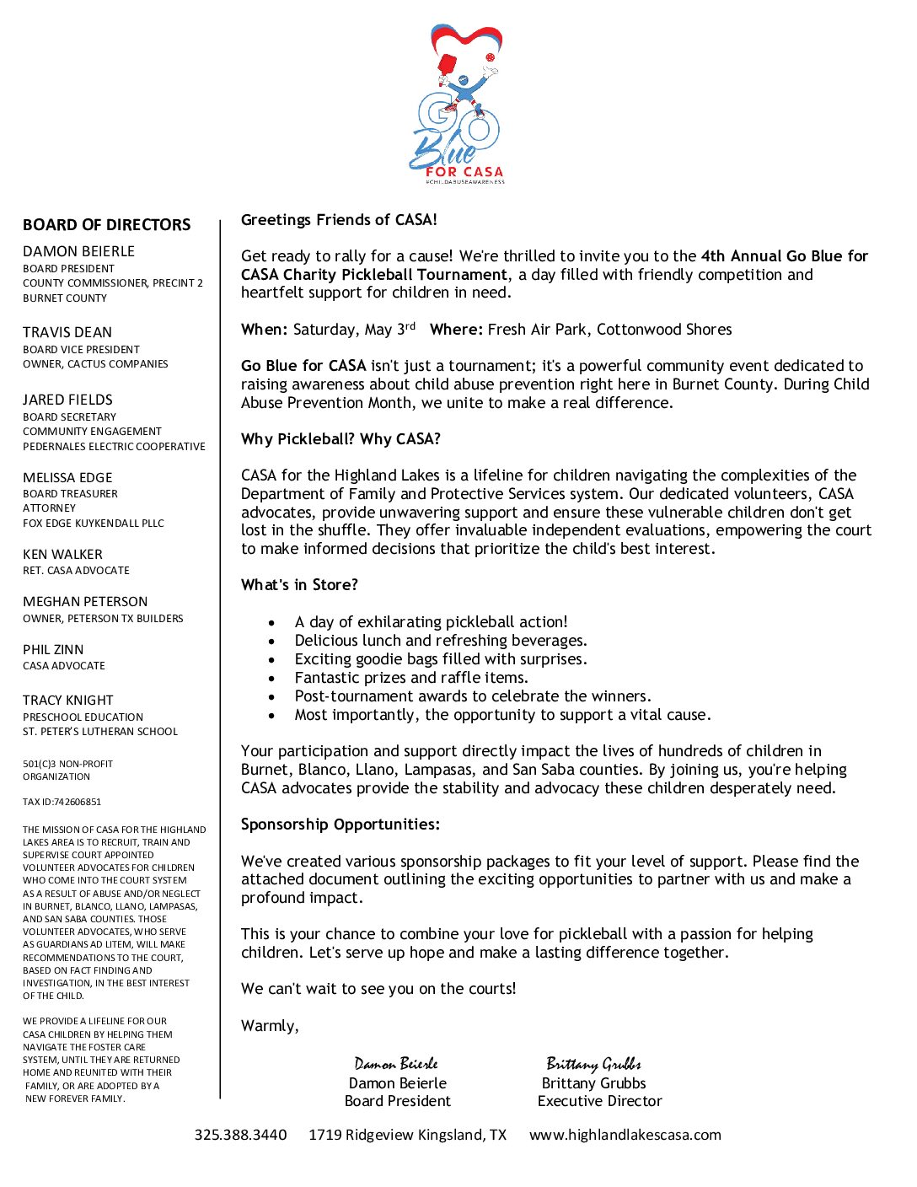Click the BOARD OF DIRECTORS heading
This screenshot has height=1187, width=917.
pos(107,225)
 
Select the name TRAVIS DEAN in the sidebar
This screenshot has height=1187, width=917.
pos(67,333)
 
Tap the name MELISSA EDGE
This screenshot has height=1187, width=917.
pos(67,478)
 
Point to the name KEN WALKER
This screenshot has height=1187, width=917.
pos(62,555)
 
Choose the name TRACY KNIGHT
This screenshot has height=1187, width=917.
pos(67,701)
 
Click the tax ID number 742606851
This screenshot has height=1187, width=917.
pos(78,803)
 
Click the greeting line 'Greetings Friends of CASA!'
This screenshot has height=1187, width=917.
pos(339,220)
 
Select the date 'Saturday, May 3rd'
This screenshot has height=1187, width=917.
pos(354,330)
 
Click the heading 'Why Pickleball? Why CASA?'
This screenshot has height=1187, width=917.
pos(341,439)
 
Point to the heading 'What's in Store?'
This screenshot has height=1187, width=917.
pos(299,585)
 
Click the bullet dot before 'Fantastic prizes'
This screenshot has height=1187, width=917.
pos(271,678)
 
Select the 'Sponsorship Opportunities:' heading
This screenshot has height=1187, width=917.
pos(341,824)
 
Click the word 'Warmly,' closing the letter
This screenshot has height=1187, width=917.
pos(270,1026)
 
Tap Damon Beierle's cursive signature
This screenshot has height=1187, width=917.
pos(396,1064)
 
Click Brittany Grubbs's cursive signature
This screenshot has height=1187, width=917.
pos(593,1064)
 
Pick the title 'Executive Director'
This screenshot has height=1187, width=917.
pos(599,1101)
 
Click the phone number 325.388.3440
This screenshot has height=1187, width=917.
pos(240,1135)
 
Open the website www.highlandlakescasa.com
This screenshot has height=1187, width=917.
pos(625,1135)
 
